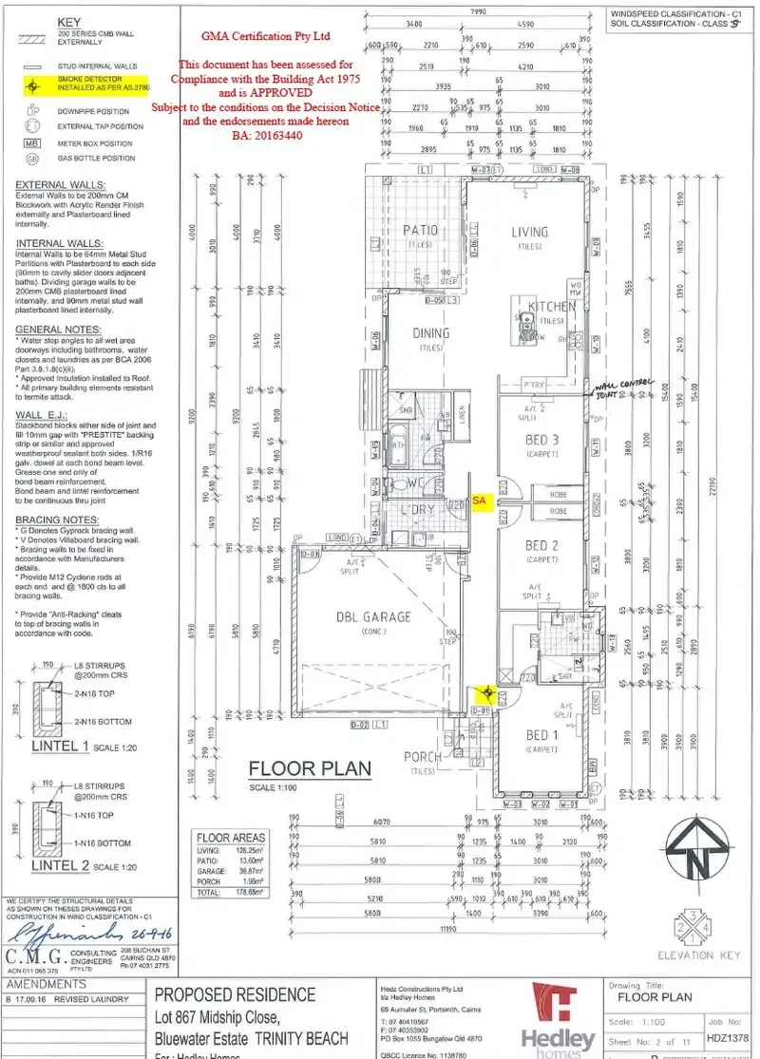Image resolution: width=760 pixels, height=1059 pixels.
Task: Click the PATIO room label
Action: tap(419, 231)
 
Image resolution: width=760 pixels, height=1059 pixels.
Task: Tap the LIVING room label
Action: tap(529, 232)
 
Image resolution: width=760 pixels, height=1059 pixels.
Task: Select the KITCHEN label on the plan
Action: tap(552, 307)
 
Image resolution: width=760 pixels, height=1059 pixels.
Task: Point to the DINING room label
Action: tap(431, 333)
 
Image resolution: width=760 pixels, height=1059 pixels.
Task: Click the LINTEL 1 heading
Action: tap(59, 747)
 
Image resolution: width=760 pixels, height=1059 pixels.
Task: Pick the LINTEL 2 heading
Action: tap(59, 865)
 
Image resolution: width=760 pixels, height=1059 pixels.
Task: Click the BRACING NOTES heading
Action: tap(57, 520)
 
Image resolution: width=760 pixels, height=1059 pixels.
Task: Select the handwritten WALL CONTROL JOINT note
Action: tap(624, 389)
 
